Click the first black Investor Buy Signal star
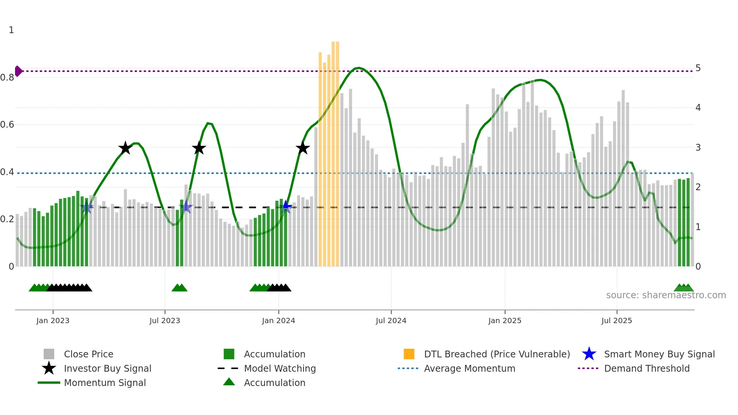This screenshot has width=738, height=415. [125, 148]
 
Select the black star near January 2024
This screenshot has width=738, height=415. [303, 148]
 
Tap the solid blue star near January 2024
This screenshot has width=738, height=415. [286, 206]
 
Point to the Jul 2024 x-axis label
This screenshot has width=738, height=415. [391, 320]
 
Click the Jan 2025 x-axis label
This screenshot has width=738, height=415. [505, 320]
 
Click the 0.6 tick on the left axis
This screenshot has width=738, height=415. [7, 125]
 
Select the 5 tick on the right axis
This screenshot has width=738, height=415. [698, 68]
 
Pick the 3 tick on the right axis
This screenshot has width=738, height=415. [698, 148]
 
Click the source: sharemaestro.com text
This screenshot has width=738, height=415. [666, 295]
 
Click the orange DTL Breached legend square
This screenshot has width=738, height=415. [409, 354]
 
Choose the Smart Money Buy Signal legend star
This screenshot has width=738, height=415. [589, 354]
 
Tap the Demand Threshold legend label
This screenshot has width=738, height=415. [647, 368]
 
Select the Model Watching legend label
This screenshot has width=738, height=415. [280, 368]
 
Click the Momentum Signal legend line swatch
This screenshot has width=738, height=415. [49, 383]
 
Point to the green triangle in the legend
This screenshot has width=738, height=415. [229, 382]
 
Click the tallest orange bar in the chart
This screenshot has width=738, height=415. [333, 151]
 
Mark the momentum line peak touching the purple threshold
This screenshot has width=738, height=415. [359, 68]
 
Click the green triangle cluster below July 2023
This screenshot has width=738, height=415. [180, 288]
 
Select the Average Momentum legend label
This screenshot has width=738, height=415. [470, 368]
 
